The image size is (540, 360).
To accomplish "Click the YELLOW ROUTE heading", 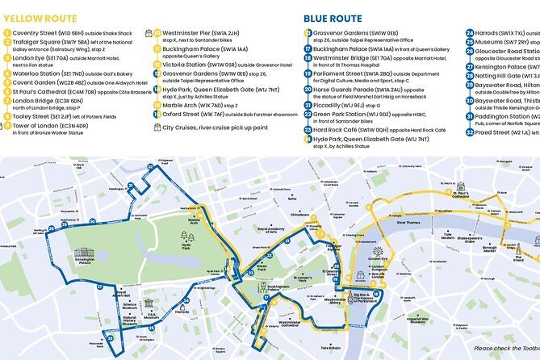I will click(40, 18).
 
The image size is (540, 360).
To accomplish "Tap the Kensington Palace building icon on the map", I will click(84, 253).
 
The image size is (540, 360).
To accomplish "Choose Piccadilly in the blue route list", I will click(337, 104).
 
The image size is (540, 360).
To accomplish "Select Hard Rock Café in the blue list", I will click(344, 128).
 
